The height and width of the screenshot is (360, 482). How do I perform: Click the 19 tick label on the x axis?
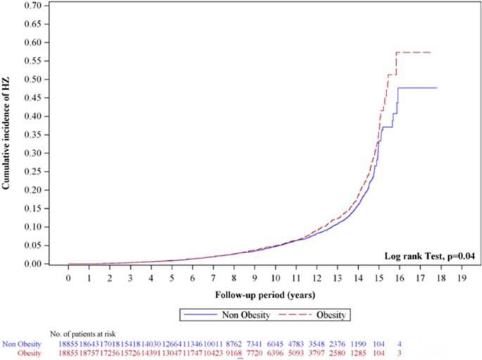[x=462, y=278]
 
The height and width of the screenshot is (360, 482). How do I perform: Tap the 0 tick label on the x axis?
[x=68, y=278]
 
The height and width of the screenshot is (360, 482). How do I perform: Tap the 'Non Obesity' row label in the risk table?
[x=22, y=343]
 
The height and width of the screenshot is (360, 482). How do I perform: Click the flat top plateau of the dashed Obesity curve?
[x=415, y=52]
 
